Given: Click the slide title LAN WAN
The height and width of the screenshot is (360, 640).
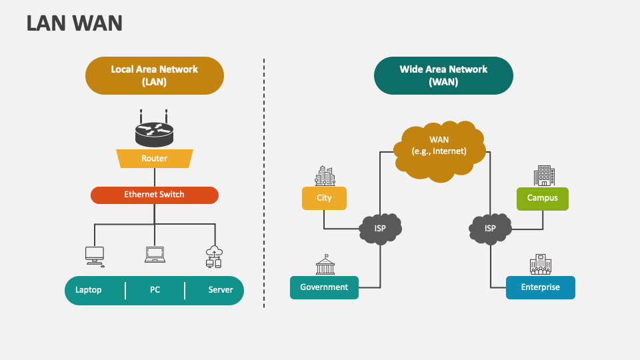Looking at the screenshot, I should pyautogui.click(x=75, y=23).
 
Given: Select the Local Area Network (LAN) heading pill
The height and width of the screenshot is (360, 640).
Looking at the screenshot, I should pyautogui.click(x=154, y=75).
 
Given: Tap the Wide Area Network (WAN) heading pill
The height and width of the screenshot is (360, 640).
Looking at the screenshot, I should pyautogui.click(x=443, y=75).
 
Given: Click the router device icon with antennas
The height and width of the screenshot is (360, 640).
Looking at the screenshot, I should pyautogui.click(x=154, y=130).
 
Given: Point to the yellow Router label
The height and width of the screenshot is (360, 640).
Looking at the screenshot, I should pyautogui.click(x=154, y=159).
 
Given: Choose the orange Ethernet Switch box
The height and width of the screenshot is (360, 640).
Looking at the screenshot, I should pyautogui.click(x=154, y=195).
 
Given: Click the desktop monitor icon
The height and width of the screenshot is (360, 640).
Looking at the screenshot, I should pyautogui.click(x=95, y=255).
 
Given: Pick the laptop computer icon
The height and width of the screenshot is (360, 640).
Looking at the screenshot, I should pyautogui.click(x=155, y=255).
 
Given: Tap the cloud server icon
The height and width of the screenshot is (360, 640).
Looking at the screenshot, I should pyautogui.click(x=214, y=256).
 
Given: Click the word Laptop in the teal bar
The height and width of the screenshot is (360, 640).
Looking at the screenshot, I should pyautogui.click(x=89, y=290).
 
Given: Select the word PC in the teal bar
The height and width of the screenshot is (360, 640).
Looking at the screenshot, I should pyautogui.click(x=155, y=290).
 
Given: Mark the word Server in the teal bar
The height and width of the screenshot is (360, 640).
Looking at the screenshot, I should pyautogui.click(x=221, y=290).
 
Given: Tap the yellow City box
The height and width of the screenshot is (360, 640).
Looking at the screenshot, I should pyautogui.click(x=324, y=198).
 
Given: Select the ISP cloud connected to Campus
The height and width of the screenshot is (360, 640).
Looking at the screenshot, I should pyautogui.click(x=490, y=228).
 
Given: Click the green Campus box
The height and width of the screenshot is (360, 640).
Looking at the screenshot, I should pyautogui.click(x=543, y=198).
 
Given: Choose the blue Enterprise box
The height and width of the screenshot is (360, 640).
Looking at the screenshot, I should pyautogui.click(x=540, y=287).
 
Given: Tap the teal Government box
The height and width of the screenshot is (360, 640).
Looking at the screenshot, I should pyautogui.click(x=324, y=287).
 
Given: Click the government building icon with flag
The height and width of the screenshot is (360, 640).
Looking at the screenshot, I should pyautogui.click(x=325, y=265).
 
